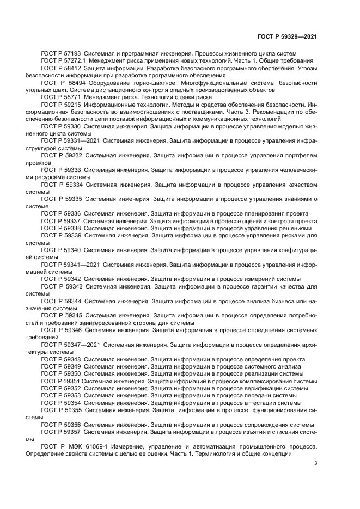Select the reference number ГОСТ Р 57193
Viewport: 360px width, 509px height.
click(61, 53)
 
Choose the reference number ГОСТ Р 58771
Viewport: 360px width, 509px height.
click(61, 97)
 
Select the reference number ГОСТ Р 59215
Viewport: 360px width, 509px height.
click(62, 104)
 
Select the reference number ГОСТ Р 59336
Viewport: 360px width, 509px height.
click(61, 213)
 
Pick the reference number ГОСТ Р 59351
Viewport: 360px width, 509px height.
click(60, 382)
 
